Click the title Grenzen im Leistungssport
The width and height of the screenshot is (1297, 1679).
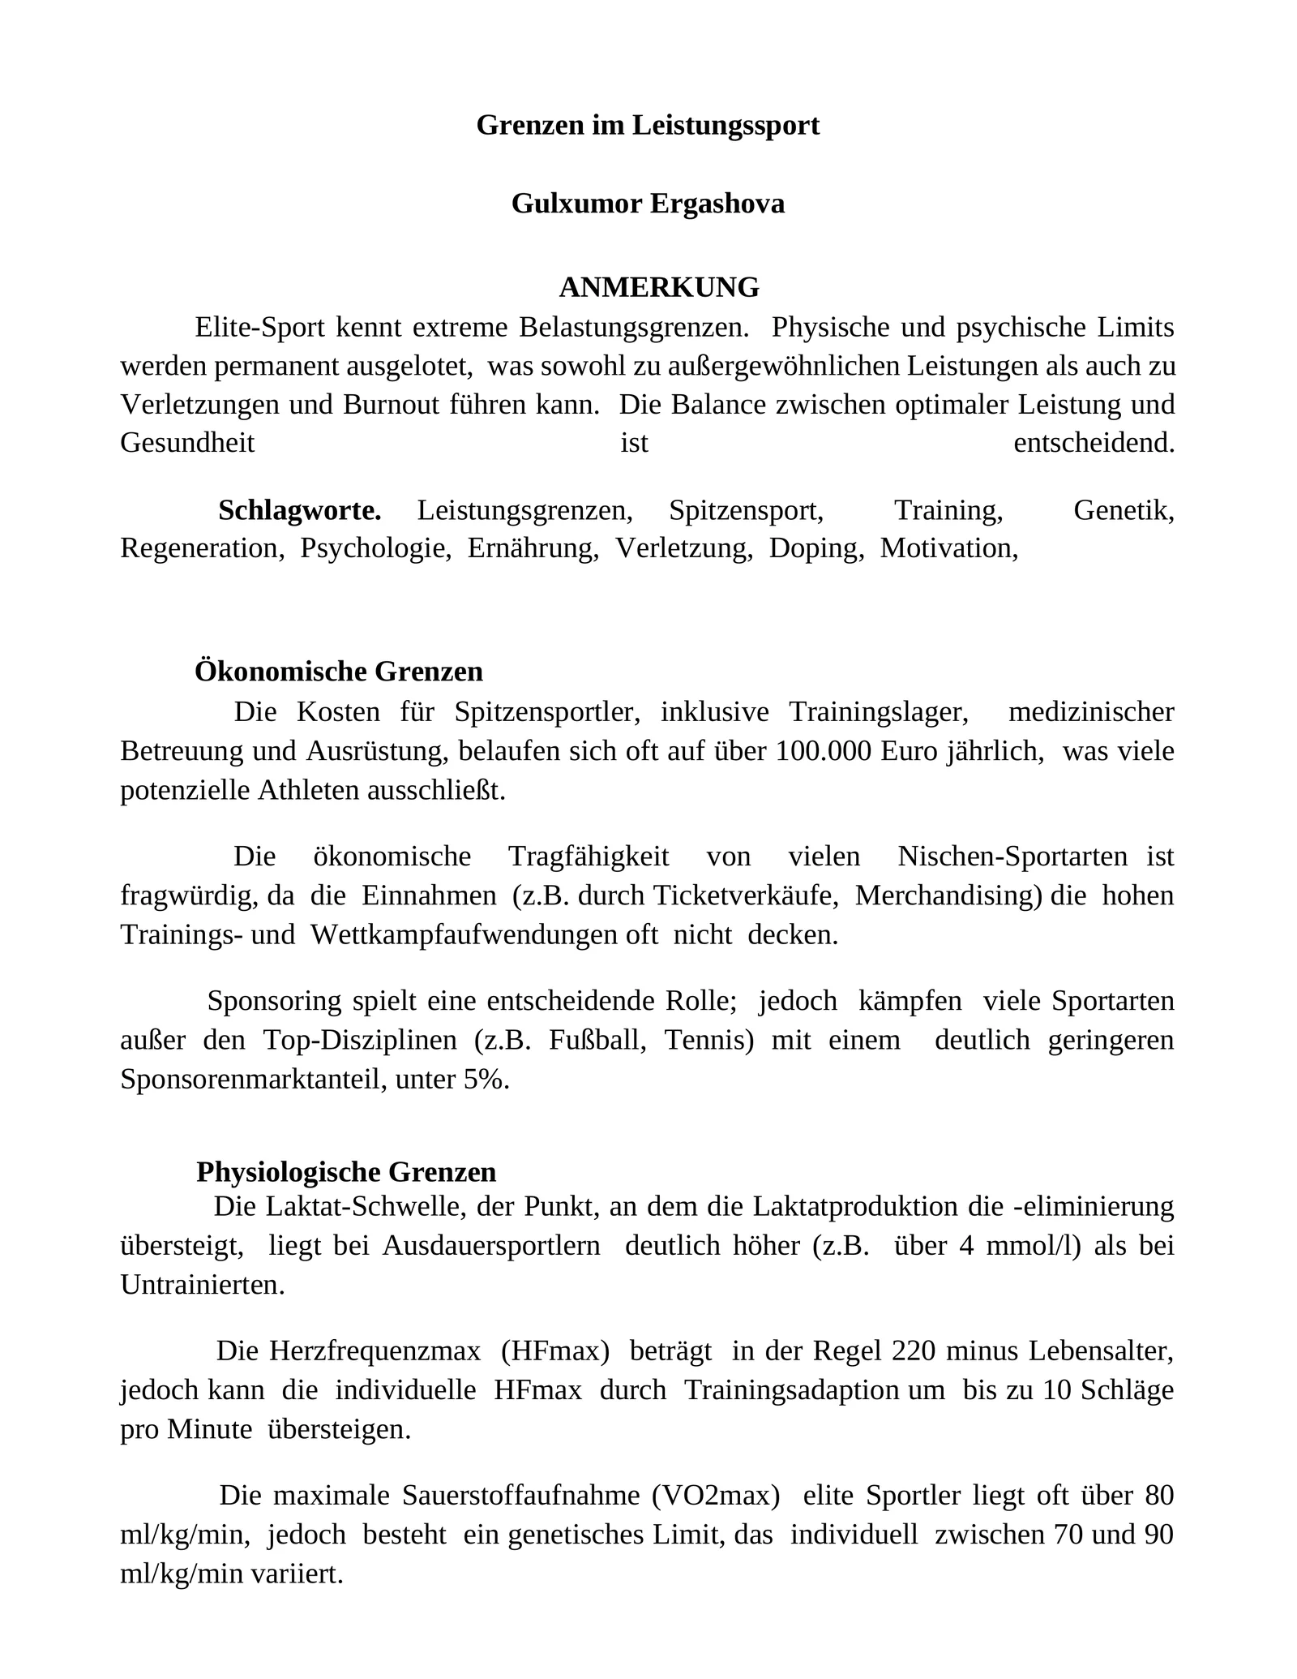[x=648, y=125]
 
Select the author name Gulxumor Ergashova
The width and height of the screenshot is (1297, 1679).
[x=648, y=203]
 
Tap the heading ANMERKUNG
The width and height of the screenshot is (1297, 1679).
[x=659, y=287]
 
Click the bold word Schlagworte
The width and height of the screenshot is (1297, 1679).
[x=299, y=510]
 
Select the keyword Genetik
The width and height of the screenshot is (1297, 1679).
[x=1124, y=510]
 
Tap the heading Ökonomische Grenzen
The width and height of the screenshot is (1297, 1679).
[x=339, y=672]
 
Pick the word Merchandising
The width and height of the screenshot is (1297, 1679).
[x=948, y=895]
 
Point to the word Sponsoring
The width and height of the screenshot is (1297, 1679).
[x=275, y=1001]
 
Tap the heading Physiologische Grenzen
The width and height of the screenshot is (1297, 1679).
[x=346, y=1172]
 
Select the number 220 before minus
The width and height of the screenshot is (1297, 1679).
[x=914, y=1351]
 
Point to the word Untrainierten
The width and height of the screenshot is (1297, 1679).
[x=202, y=1285]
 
